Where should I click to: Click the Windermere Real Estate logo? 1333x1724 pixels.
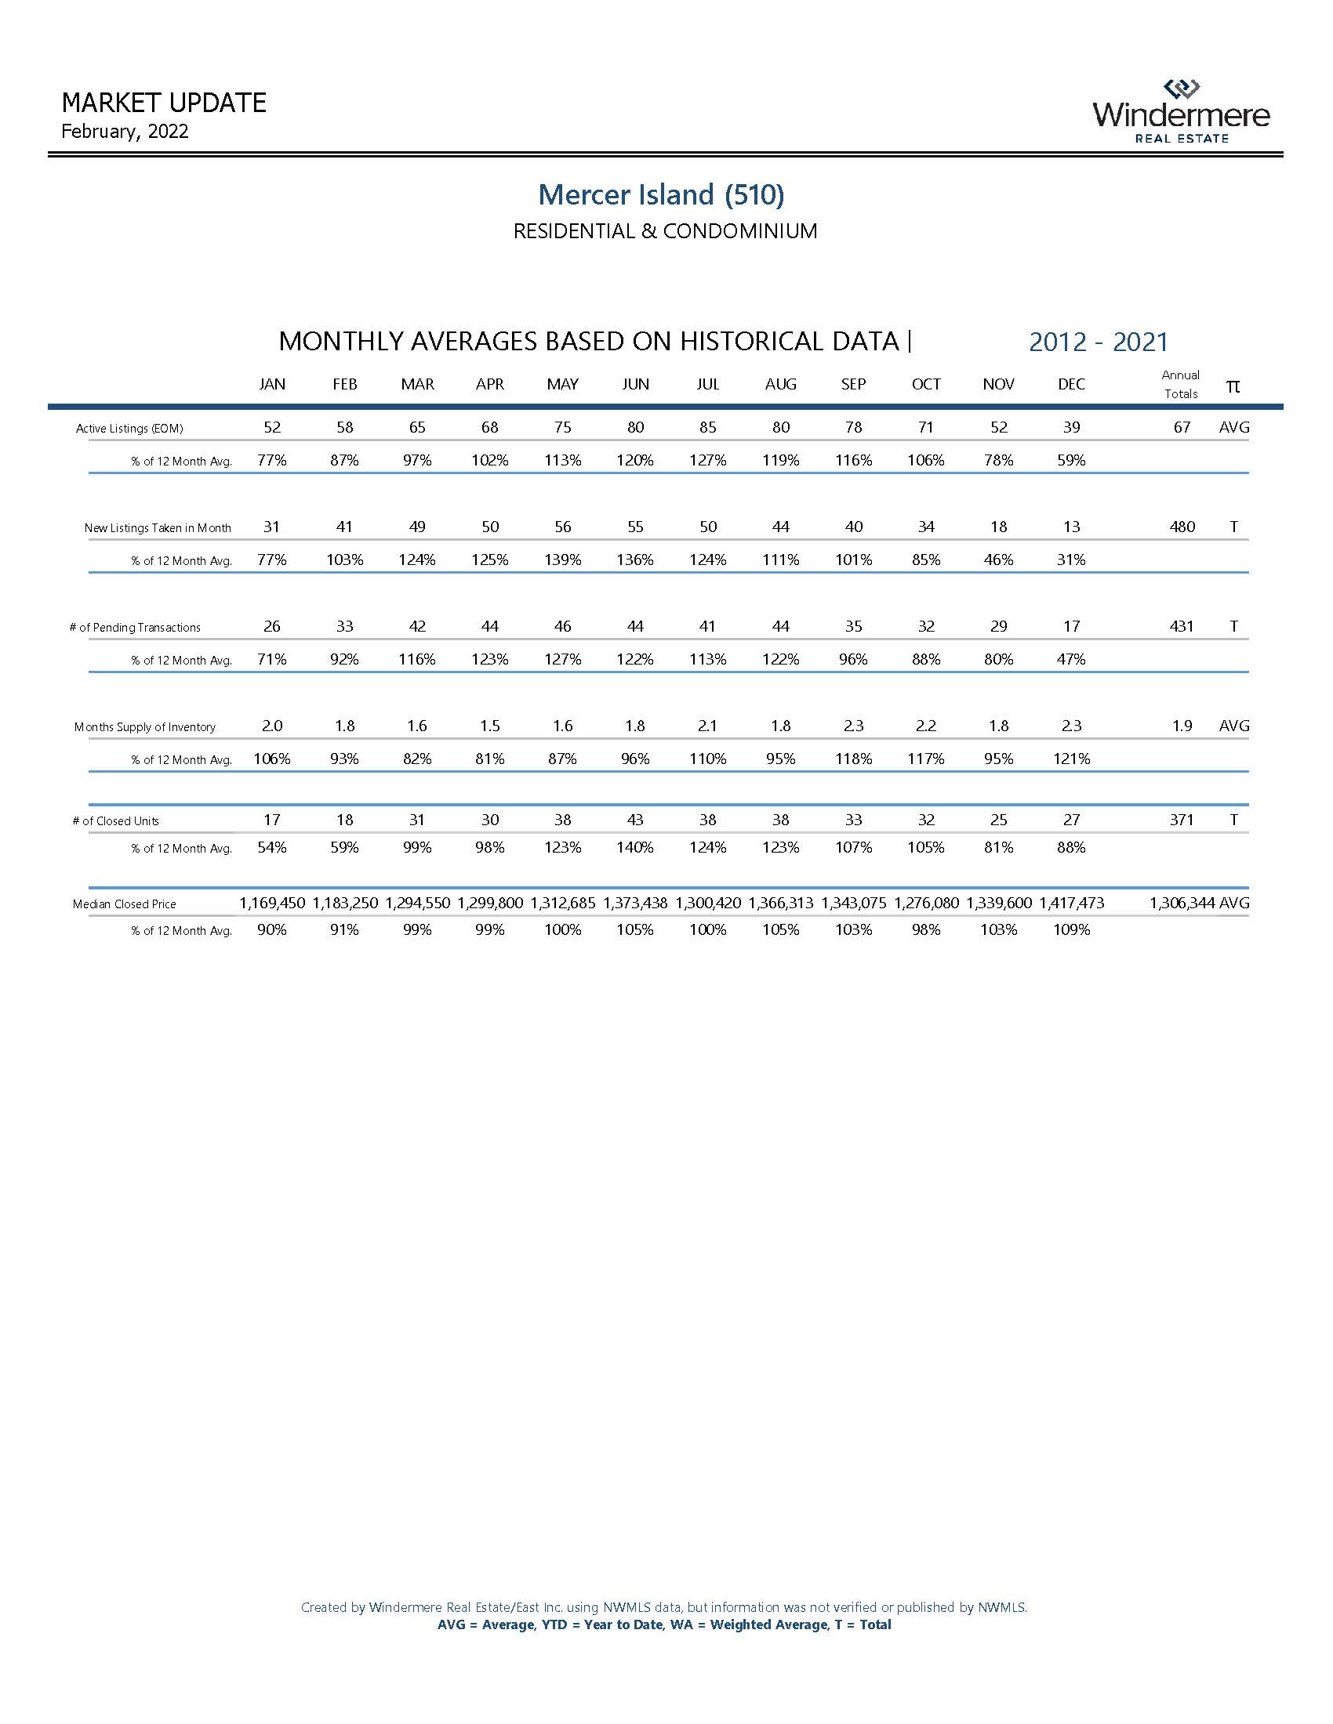[x=1182, y=111]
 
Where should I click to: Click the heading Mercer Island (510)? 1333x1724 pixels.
[x=661, y=194]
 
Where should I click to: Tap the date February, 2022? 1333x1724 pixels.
[x=125, y=132]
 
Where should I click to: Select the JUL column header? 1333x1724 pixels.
[x=707, y=385]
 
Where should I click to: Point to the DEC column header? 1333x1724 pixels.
[x=1071, y=385]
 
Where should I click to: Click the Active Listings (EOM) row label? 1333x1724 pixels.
[x=129, y=429]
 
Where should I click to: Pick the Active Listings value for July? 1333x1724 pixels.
[x=707, y=427]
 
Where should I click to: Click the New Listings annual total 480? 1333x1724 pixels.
[x=1182, y=527]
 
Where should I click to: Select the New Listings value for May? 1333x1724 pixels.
[x=562, y=527]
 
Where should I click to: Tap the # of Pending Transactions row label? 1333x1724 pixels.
[x=135, y=628]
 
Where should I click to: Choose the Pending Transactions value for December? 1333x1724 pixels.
[x=1071, y=626]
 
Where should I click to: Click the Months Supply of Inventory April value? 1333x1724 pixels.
[x=489, y=726]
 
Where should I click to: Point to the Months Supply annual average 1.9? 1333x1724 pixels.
[x=1182, y=726]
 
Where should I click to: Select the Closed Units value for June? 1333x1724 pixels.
[x=635, y=820]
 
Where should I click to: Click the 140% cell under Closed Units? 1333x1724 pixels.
[x=635, y=847]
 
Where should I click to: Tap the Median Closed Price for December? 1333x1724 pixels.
[x=1071, y=903]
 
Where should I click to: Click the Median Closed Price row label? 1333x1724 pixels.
[x=124, y=904]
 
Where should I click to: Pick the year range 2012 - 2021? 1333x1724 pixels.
[x=1098, y=342]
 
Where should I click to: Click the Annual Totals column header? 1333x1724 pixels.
[x=1181, y=385]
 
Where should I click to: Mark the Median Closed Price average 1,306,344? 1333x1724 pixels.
[x=1182, y=903]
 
